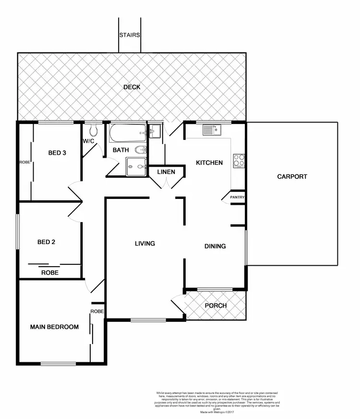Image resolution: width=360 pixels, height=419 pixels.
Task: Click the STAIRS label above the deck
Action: [x=130, y=35]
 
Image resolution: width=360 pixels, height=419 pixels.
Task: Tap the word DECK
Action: [x=132, y=87]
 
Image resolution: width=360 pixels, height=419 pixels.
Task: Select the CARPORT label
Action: [x=292, y=176]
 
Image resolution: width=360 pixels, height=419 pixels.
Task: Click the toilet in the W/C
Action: [x=94, y=130]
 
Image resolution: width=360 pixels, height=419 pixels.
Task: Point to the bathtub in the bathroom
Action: [x=128, y=133]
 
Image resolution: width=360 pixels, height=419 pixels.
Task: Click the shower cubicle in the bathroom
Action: [x=136, y=167]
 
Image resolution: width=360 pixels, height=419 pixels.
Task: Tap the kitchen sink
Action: [x=211, y=129]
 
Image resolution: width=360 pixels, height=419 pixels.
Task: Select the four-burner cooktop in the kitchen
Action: [x=239, y=160]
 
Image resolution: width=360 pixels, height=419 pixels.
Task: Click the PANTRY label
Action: [x=237, y=197]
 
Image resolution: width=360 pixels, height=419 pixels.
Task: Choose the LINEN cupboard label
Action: [x=166, y=172]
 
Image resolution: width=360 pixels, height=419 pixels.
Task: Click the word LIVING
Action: [x=144, y=244]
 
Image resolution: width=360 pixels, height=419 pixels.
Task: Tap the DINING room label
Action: [x=215, y=246]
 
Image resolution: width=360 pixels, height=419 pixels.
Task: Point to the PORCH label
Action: [x=216, y=306]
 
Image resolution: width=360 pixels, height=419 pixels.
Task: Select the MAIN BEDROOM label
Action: [x=54, y=327]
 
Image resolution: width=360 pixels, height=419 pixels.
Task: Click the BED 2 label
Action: [x=46, y=242]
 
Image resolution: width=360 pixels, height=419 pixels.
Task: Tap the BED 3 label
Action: [x=57, y=153]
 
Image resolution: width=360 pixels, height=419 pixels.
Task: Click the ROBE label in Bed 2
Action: [x=50, y=272]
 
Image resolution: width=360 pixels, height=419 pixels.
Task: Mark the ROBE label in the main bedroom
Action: [x=97, y=311]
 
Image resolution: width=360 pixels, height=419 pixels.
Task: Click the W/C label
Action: [x=88, y=141]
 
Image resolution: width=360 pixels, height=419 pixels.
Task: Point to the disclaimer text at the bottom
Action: [x=217, y=402]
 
